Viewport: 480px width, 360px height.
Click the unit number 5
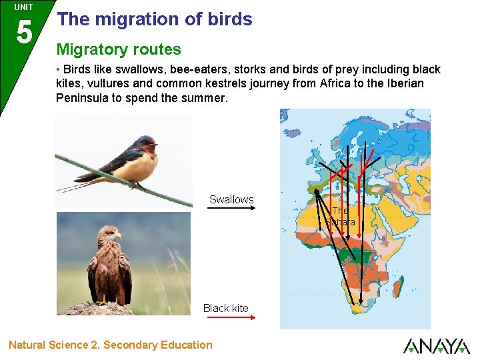(23, 31)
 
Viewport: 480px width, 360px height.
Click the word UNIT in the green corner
(23, 7)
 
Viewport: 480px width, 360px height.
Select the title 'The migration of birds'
(155, 19)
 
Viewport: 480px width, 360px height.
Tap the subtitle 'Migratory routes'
(119, 49)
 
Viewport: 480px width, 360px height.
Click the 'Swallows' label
(231, 199)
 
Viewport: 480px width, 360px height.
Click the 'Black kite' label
(225, 308)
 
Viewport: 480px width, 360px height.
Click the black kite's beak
(118, 236)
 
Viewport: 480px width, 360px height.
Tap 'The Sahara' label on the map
(341, 217)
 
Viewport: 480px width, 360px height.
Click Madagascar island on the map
(403, 289)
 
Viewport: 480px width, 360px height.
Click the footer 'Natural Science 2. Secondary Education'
(111, 345)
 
